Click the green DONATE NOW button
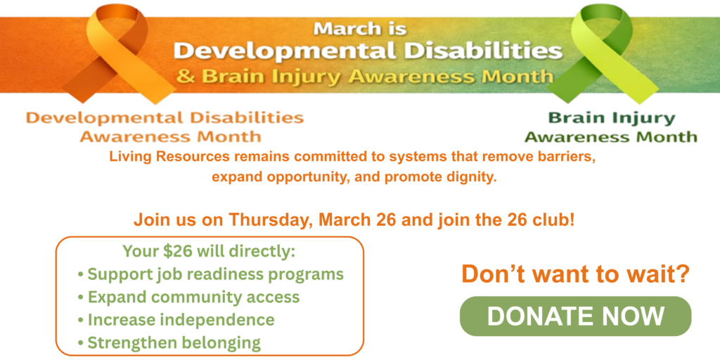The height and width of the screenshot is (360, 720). [x=575, y=316]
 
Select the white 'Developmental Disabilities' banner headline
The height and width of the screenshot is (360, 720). [x=368, y=51]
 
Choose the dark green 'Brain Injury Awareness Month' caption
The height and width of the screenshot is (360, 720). [x=610, y=127]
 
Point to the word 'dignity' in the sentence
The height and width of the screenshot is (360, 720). [x=474, y=176]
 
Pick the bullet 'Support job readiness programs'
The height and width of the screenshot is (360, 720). [x=215, y=274]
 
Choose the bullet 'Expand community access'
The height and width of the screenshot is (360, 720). [x=193, y=297]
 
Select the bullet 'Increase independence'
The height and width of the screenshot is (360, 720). [x=181, y=320]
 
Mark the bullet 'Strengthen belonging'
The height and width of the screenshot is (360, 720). [x=174, y=343]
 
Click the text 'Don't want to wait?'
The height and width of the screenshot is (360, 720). [x=574, y=274]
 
